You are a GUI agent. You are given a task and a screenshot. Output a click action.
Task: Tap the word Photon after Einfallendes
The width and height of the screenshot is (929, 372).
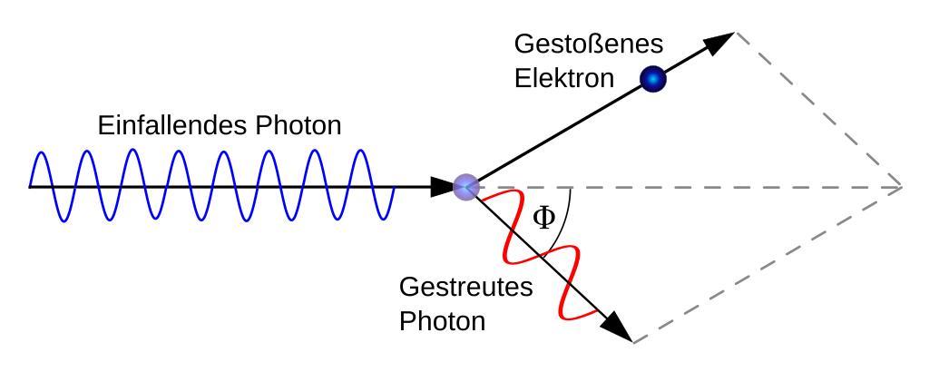click(x=297, y=125)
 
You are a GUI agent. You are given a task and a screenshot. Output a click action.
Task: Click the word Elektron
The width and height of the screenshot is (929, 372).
click(x=563, y=78)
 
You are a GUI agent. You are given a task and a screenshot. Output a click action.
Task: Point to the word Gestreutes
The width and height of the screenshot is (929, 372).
click(x=465, y=289)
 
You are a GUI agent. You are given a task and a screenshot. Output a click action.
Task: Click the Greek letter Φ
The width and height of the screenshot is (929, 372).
click(x=543, y=219)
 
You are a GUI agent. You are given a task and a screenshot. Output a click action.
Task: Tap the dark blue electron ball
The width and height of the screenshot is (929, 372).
click(x=652, y=80)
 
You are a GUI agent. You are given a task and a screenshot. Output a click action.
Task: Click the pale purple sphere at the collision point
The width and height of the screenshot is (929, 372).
click(x=466, y=187)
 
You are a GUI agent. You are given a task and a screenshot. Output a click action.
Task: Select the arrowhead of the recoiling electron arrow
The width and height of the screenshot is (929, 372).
click(x=720, y=41)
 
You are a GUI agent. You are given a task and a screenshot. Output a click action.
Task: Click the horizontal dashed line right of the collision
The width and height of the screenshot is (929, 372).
click(x=726, y=187)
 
